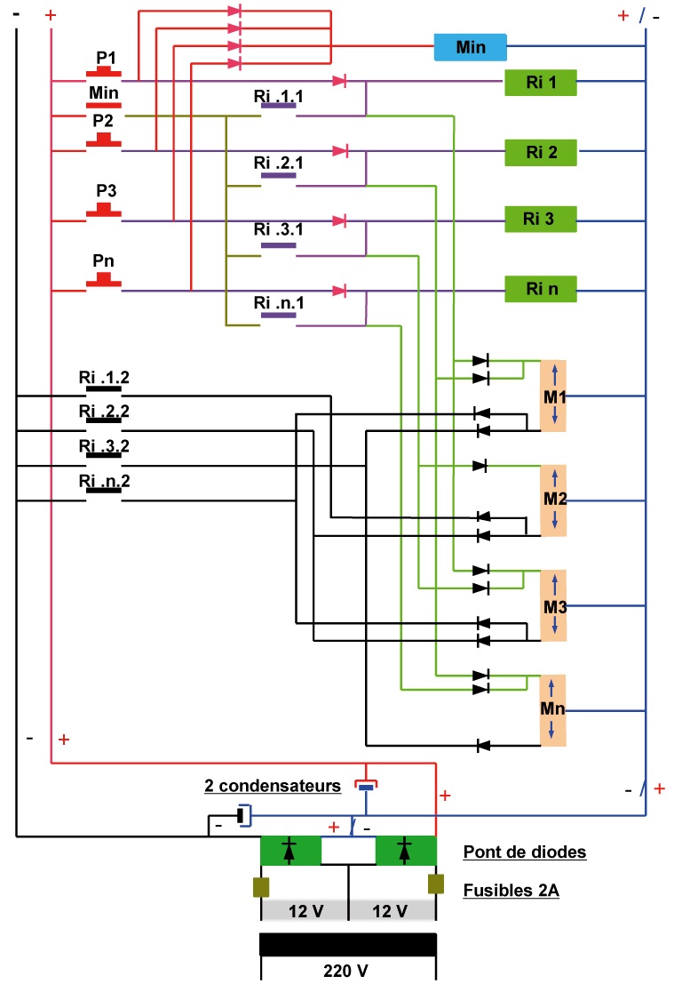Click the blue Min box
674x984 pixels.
coord(470,47)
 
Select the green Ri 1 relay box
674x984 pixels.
coord(540,83)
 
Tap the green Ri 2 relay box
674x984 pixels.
coord(540,152)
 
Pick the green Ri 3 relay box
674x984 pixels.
coord(540,218)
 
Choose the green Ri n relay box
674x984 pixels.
coord(540,288)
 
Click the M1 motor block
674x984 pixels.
coord(553,396)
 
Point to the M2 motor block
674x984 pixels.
coord(553,500)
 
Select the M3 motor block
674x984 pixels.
coord(553,606)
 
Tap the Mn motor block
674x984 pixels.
coord(553,710)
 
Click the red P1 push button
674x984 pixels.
coord(104,70)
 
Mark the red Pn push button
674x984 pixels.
coord(104,281)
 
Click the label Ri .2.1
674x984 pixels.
coord(278,163)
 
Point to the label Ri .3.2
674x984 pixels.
coord(104,445)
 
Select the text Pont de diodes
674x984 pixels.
coord(524,852)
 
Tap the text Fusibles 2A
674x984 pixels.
coord(511,890)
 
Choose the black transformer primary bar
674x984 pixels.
coord(347,943)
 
